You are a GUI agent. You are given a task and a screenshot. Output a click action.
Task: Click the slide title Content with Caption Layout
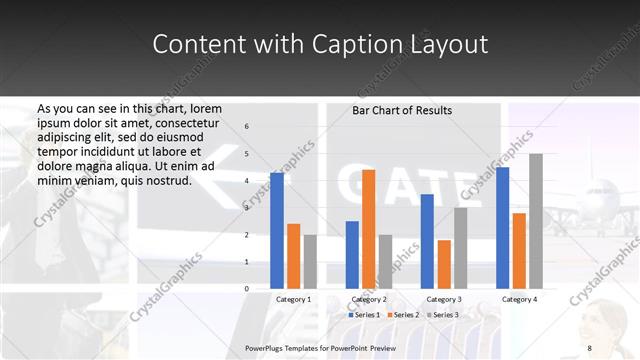(x=320, y=45)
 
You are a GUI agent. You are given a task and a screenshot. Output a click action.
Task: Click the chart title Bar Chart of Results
(x=402, y=110)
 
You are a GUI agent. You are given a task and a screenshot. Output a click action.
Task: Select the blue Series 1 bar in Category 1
(x=277, y=231)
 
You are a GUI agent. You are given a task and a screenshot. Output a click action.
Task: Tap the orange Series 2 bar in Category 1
(x=293, y=256)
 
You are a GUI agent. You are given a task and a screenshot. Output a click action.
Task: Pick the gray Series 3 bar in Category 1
(x=310, y=262)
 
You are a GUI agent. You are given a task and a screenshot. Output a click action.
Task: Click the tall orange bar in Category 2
(x=368, y=229)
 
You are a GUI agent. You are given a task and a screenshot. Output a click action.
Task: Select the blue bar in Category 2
(x=352, y=255)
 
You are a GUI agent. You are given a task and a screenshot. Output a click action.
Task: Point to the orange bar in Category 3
(x=443, y=264)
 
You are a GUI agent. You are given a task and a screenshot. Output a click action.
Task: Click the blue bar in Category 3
(x=427, y=241)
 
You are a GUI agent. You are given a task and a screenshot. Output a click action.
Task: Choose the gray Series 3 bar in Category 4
(x=536, y=221)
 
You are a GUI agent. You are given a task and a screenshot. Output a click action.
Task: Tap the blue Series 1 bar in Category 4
(x=502, y=228)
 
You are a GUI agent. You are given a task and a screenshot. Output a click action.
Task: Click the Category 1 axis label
(x=293, y=299)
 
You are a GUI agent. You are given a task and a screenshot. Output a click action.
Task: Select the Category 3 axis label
(x=443, y=299)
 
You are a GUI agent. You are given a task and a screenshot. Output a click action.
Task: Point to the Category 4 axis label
(x=519, y=299)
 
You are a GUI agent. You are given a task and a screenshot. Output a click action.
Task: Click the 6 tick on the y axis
(x=247, y=127)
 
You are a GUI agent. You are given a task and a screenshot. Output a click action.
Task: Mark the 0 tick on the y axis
(x=247, y=289)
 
